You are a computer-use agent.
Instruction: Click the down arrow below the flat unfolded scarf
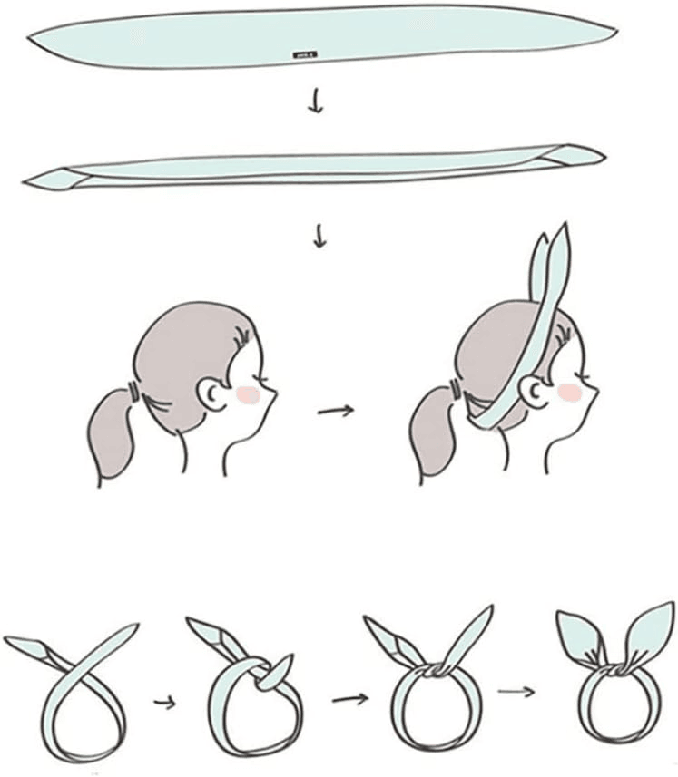[x=315, y=103]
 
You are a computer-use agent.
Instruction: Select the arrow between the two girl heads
[x=335, y=411]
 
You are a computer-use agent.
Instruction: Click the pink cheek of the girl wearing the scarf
[x=570, y=391]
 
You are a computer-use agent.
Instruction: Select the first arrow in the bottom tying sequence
[x=162, y=700]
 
